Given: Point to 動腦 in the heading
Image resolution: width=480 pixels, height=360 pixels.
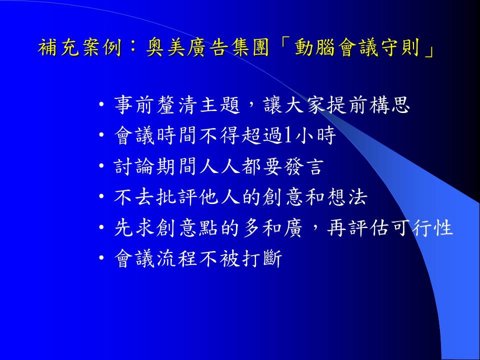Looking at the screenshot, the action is [x=314, y=48].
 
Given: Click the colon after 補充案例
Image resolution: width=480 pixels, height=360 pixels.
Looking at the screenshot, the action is [x=134, y=48].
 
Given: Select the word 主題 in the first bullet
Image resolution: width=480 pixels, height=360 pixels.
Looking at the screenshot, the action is [x=220, y=105].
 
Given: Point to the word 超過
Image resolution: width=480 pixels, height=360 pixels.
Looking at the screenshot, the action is [x=262, y=135].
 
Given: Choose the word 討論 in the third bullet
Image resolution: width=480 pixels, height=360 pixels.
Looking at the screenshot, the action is [x=134, y=166].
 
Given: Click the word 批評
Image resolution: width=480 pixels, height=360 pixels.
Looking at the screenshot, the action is [x=176, y=197].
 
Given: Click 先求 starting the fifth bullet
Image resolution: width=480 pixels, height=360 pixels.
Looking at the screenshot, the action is [x=134, y=227].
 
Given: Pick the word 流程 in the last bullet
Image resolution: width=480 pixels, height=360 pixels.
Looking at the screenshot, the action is [x=176, y=258].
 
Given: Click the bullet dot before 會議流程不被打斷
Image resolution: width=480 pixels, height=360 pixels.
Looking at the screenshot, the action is [x=102, y=258].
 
